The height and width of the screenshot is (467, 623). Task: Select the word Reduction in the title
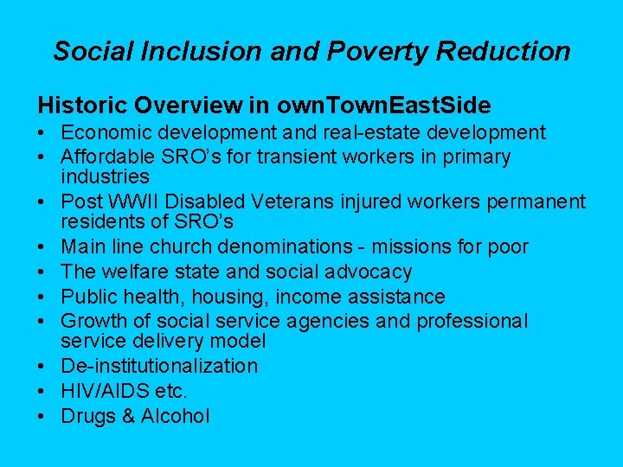pyautogui.click(x=503, y=51)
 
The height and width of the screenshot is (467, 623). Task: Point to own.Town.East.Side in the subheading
pyautogui.click(x=383, y=106)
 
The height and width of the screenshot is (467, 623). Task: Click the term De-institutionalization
pyautogui.click(x=159, y=366)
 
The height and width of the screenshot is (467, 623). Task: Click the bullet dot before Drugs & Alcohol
pyautogui.click(x=42, y=416)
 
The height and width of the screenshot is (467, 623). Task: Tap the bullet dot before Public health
pyautogui.click(x=42, y=297)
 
